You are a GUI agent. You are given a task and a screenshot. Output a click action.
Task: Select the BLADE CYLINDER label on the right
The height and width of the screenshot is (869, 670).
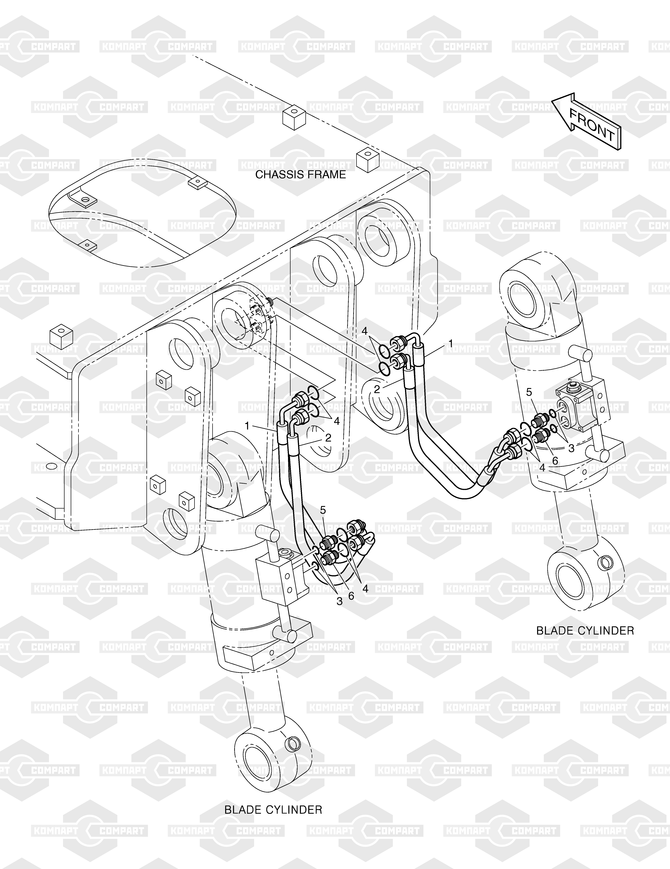[x=585, y=631]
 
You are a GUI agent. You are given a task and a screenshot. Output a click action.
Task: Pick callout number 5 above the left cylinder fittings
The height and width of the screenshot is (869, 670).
[x=323, y=510]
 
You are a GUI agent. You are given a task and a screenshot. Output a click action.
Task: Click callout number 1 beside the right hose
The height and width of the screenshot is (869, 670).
[x=451, y=343]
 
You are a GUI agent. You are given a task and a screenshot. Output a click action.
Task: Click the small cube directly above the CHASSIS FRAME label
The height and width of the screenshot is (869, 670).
[x=294, y=118]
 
